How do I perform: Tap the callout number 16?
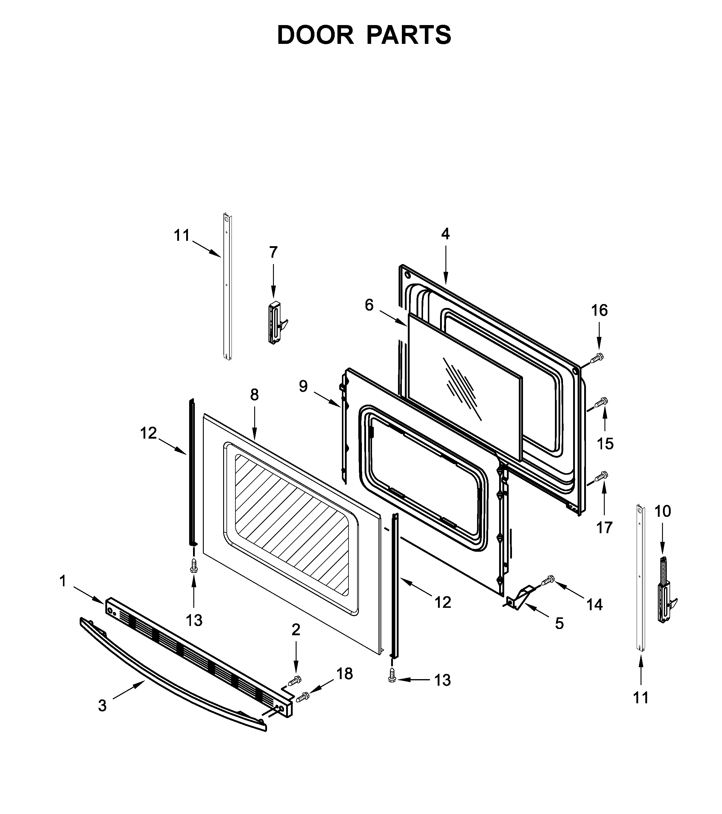coord(599,310)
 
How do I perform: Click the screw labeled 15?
coord(601,403)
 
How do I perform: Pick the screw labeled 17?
coord(601,476)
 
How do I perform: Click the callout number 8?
coord(254,395)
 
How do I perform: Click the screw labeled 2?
coord(295,681)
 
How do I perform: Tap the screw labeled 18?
coord(303,696)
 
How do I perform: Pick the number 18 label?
coord(345,674)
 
